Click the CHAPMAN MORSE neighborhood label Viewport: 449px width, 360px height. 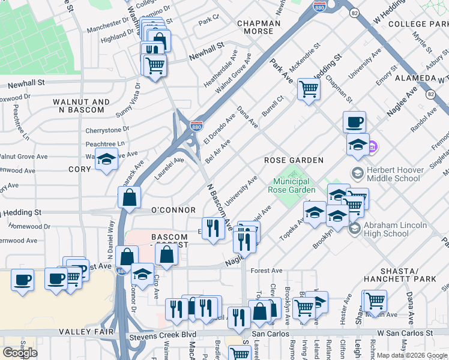(259, 28)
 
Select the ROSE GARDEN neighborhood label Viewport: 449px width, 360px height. (294, 160)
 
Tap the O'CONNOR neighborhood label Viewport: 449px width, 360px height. (173, 210)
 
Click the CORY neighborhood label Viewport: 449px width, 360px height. (79, 170)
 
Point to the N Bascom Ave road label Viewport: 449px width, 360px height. (220, 207)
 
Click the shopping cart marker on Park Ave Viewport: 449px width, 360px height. (309, 89)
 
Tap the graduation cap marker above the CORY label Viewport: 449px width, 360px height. (106, 160)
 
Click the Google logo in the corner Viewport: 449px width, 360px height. (20, 352)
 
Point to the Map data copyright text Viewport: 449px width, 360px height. (412, 355)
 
